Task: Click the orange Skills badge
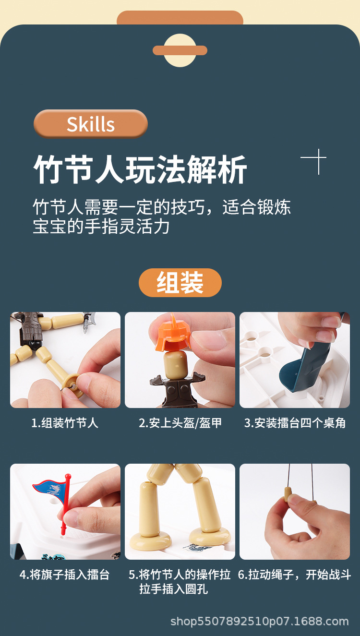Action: [90, 124]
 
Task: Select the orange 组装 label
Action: [180, 283]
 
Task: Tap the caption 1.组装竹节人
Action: [65, 423]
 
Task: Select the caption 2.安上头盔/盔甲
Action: [180, 423]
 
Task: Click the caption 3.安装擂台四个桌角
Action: [295, 423]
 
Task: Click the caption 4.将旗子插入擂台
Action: [65, 575]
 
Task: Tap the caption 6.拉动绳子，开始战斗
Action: [295, 575]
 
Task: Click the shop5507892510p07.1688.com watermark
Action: [260, 622]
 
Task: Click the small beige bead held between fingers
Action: [288, 494]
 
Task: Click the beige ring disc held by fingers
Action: [72, 384]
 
